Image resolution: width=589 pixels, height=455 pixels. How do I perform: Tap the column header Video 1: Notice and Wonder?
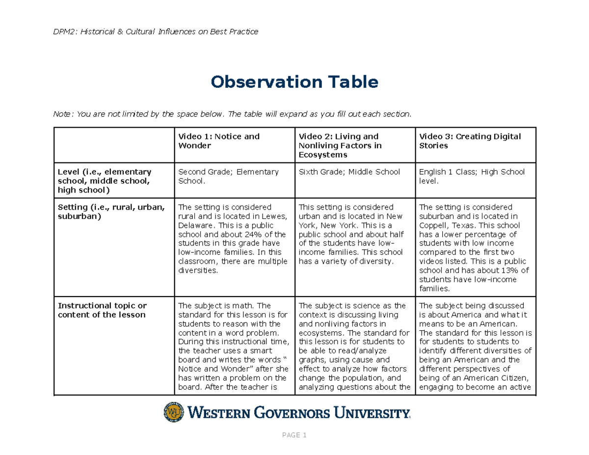[x=218, y=141]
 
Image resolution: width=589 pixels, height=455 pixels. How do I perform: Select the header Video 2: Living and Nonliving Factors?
[x=339, y=145]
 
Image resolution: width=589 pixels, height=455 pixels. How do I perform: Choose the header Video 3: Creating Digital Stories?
[x=469, y=141]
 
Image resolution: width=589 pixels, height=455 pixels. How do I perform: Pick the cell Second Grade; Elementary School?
[x=228, y=176]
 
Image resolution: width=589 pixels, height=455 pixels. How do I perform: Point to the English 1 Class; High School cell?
[x=471, y=176]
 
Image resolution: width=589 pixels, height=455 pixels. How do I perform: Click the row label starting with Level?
[x=104, y=181]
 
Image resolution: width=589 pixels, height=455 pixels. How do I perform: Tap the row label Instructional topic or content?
[x=102, y=310]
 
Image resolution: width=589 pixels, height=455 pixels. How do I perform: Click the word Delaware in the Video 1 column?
[x=195, y=225]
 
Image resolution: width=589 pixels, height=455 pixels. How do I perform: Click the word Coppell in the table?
[x=433, y=225]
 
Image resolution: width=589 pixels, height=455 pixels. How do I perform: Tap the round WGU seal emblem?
[x=172, y=412]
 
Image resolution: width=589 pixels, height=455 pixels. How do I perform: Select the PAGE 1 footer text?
[x=294, y=435]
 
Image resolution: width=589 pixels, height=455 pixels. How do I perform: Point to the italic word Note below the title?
[x=62, y=114]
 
